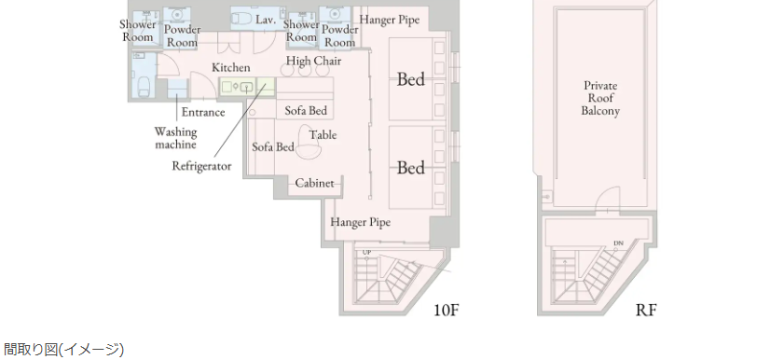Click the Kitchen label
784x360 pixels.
point(231,67)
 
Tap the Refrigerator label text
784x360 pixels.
point(202,166)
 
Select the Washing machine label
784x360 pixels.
point(175,139)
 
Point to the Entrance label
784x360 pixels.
point(203,113)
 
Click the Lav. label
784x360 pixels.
point(266,20)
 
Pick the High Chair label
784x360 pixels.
point(314,61)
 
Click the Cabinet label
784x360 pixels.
point(314,183)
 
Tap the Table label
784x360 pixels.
point(323,135)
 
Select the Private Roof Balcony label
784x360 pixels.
point(600,99)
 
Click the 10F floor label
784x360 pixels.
point(446,310)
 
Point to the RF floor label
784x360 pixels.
point(646,310)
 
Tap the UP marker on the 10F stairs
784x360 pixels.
point(367,252)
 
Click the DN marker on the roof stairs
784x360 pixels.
point(618,243)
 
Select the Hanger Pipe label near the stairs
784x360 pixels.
point(361,222)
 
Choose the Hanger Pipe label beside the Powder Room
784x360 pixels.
point(390,20)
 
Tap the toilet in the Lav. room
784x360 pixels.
point(242,20)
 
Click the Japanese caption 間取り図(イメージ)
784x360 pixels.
point(63,350)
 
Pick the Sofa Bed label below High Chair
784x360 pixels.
point(306,110)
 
